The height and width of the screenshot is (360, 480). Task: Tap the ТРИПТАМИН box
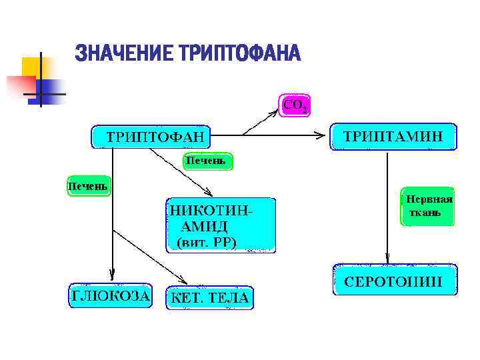393,136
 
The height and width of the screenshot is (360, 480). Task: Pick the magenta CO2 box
295,105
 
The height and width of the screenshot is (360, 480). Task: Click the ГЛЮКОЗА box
111,295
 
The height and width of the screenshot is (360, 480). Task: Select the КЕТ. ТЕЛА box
210,297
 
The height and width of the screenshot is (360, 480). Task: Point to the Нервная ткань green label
429,207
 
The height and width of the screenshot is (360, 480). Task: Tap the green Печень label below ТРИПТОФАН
209,161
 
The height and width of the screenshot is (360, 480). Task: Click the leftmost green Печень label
87,185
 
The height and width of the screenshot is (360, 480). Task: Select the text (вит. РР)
207,241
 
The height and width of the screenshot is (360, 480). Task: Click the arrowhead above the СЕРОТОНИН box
387,259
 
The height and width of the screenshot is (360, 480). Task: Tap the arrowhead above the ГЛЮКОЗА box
112,274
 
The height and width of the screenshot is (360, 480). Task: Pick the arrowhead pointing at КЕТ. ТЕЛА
183,278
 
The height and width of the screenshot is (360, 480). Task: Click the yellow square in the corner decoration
31,67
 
